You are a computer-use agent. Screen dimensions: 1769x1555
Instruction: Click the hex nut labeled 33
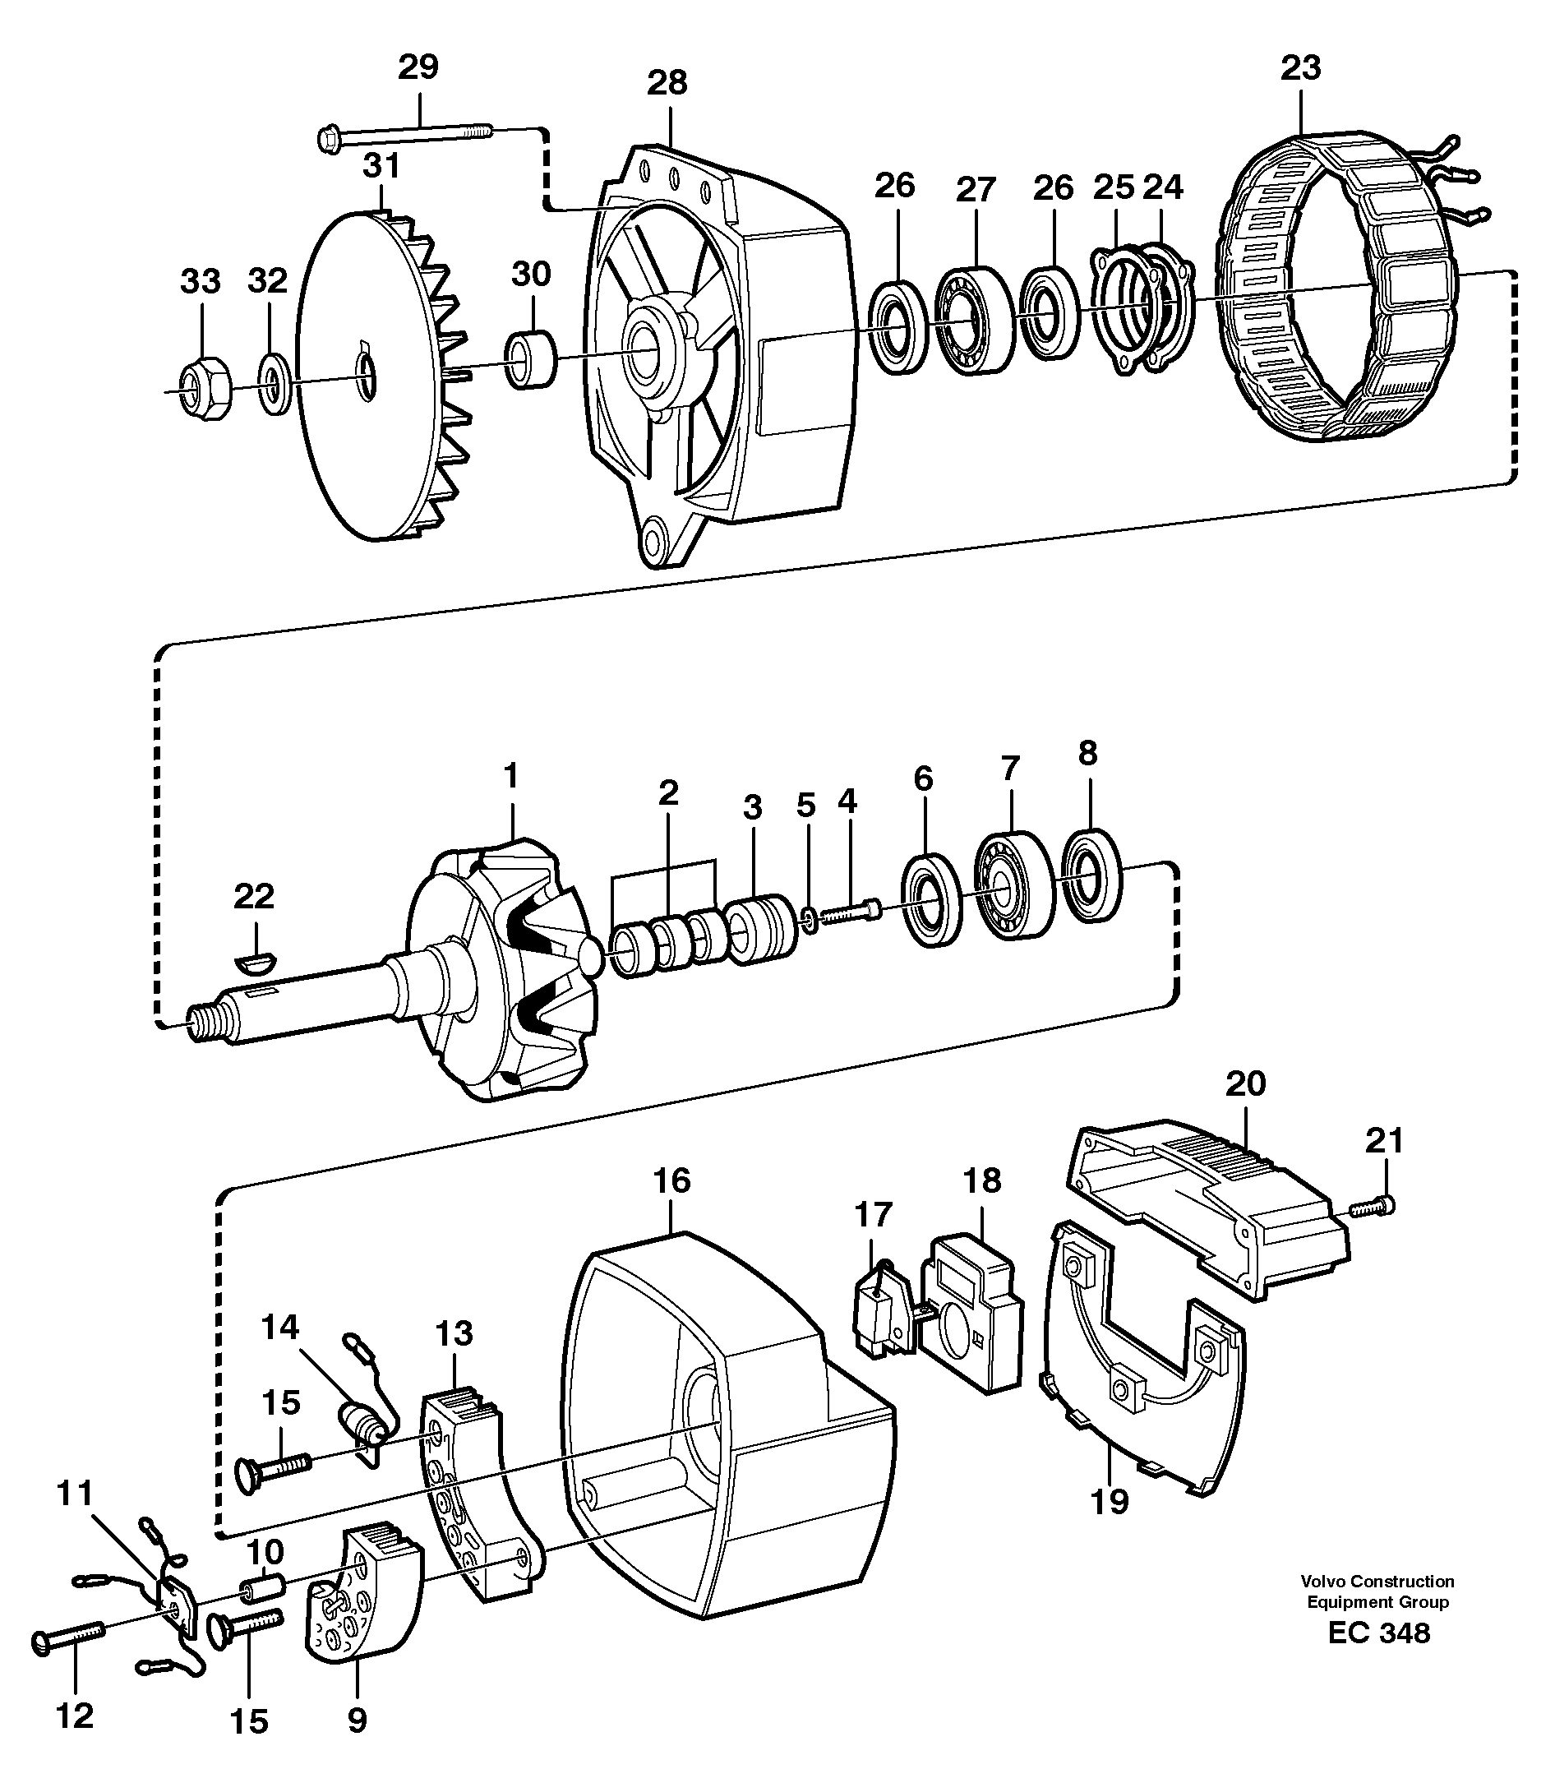coord(205,387)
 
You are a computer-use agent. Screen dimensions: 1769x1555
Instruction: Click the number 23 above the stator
coord(1299,67)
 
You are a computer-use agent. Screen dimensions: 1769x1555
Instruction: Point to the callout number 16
coord(671,1180)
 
